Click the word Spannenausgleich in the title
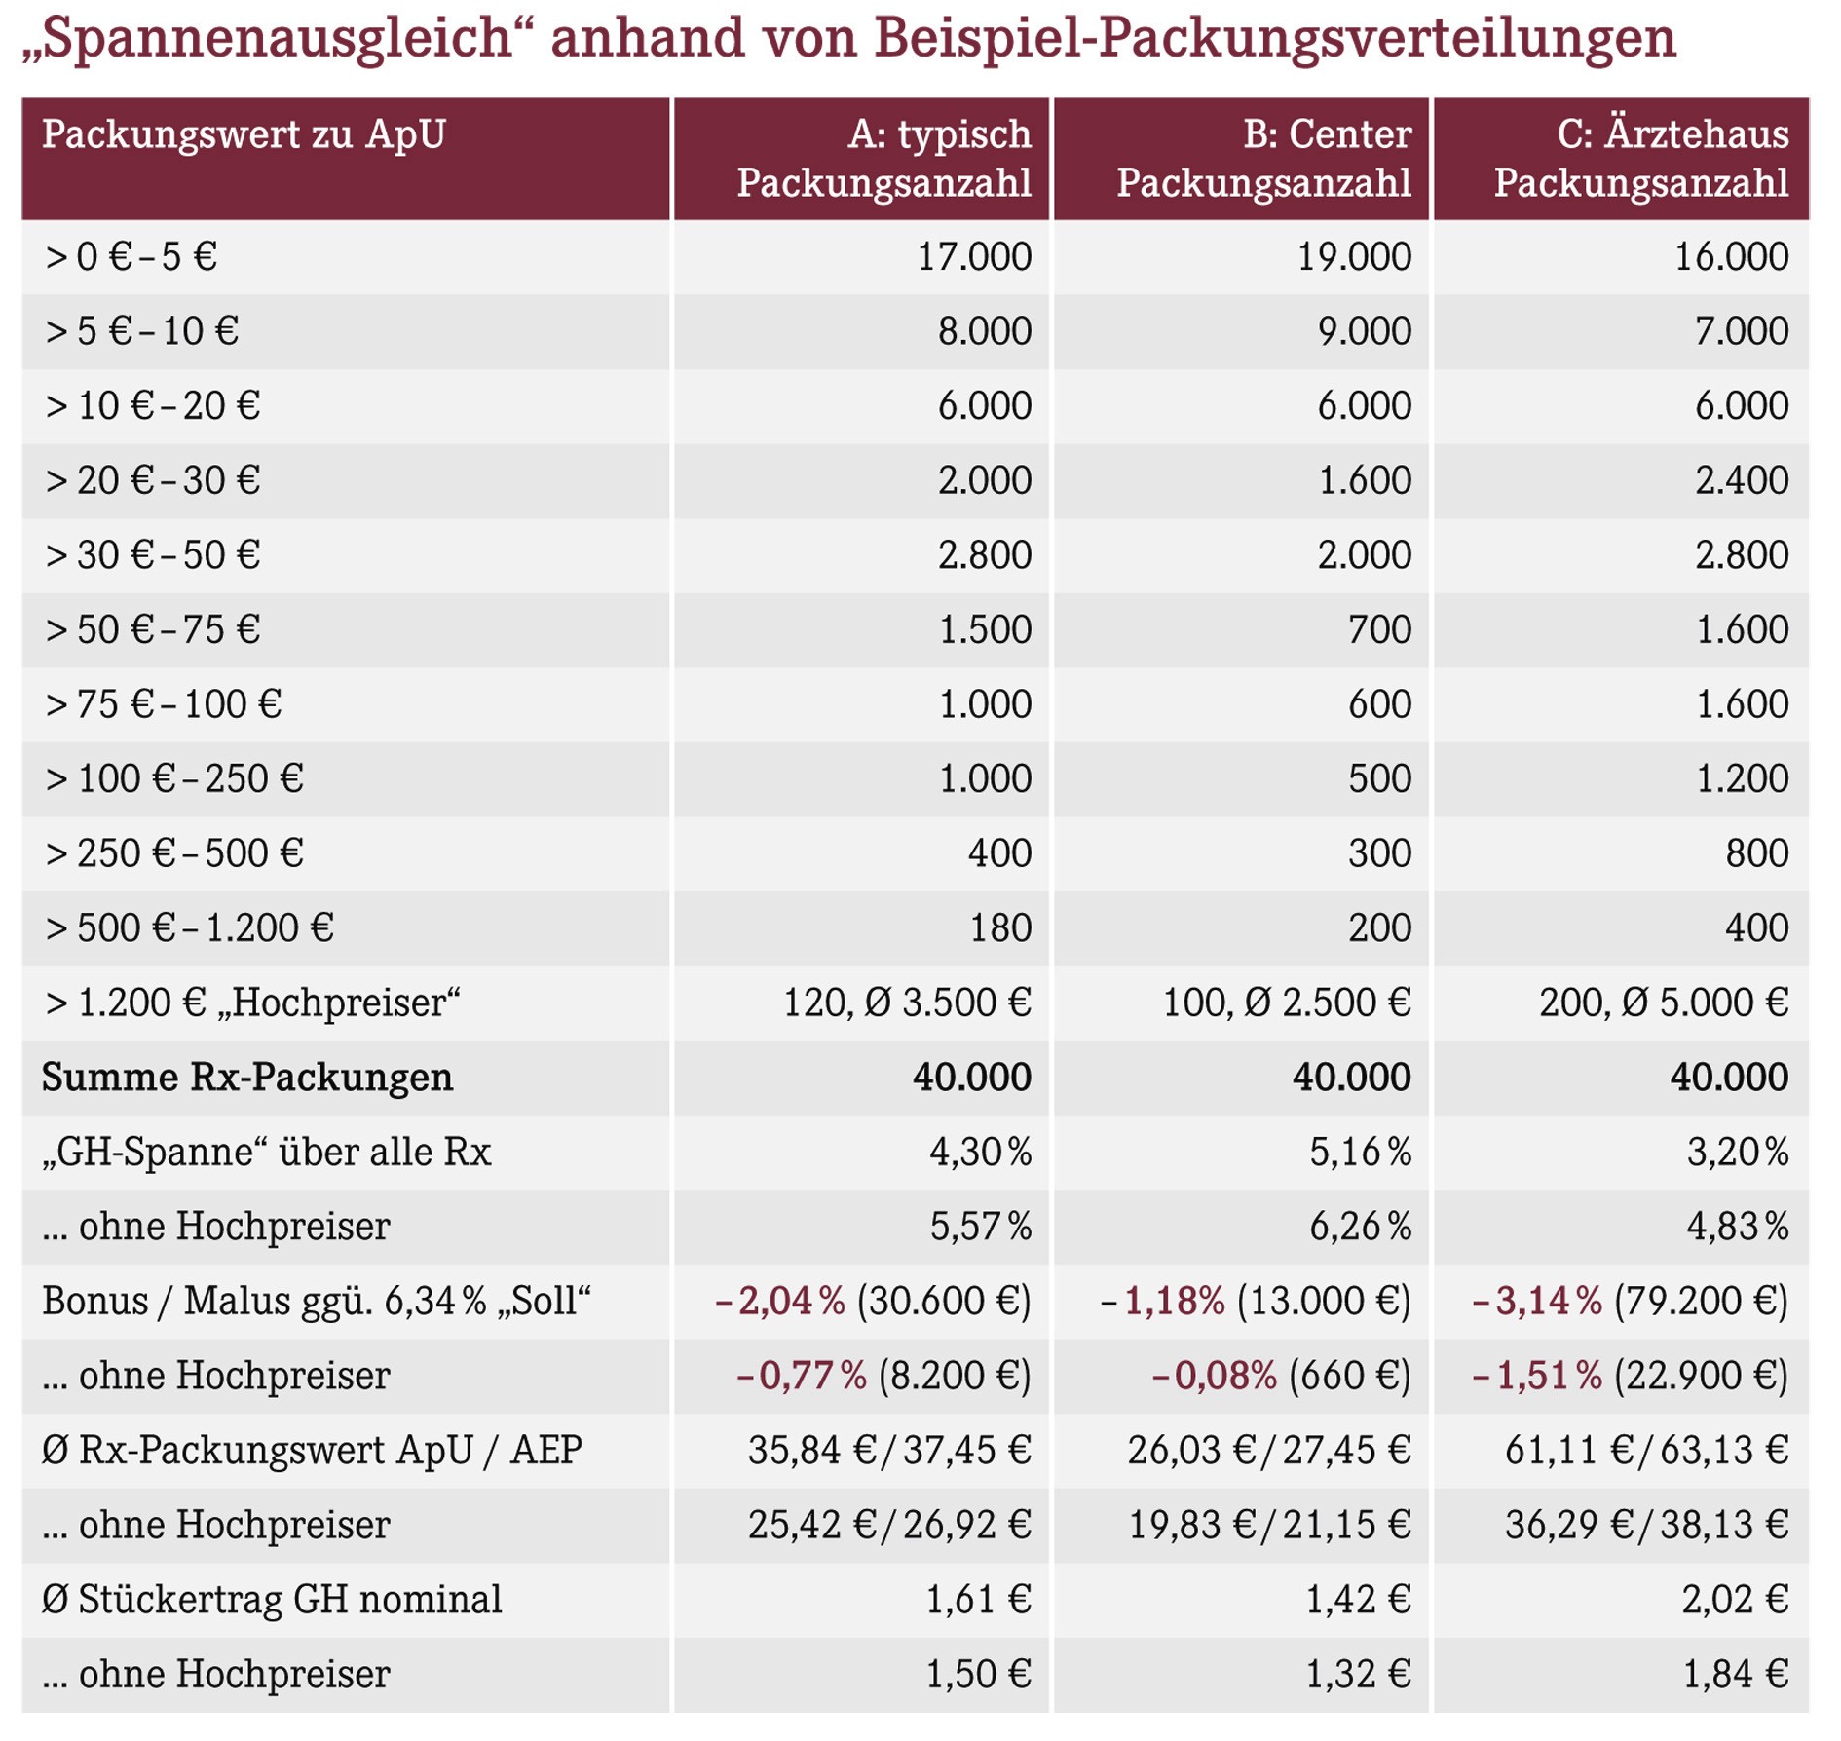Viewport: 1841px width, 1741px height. [x=279, y=39]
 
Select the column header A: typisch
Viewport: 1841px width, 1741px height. [x=939, y=133]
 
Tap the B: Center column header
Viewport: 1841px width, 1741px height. [x=1327, y=133]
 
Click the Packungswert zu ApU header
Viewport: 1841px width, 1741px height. [x=244, y=134]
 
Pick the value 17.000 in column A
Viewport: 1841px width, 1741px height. [x=974, y=256]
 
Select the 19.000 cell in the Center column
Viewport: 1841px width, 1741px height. [x=1354, y=256]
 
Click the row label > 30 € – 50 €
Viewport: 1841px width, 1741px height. [x=153, y=554]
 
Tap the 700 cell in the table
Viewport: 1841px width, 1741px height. [x=1379, y=629]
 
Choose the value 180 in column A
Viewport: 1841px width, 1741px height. [x=1000, y=927]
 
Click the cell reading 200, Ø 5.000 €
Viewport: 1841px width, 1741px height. [x=1664, y=1003]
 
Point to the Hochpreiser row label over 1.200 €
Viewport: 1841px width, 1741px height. [x=252, y=1003]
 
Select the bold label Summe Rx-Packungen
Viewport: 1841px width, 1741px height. [x=247, y=1078]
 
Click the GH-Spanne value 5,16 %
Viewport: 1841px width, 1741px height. [x=1360, y=1152]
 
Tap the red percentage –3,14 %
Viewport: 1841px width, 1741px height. [x=1536, y=1301]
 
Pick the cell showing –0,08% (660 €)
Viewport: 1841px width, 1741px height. [x=1281, y=1376]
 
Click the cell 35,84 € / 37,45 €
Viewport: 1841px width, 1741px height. [x=889, y=1451]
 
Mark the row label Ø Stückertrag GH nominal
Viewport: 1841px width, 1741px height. [x=272, y=1600]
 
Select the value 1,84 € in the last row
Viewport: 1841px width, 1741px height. [x=1736, y=1675]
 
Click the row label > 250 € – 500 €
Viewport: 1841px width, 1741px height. [x=174, y=853]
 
